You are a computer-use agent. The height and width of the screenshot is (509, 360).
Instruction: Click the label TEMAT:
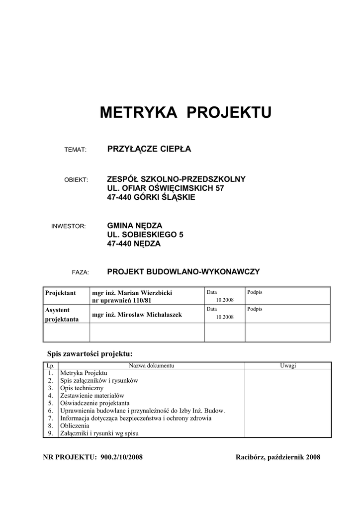click(76, 150)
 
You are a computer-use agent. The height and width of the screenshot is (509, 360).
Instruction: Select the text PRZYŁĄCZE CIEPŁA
click(149, 149)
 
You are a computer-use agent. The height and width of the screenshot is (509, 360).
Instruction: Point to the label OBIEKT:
click(76, 179)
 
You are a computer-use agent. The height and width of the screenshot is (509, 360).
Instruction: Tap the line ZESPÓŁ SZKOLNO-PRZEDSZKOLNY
click(176, 179)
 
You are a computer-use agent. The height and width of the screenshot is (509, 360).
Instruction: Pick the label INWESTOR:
click(69, 226)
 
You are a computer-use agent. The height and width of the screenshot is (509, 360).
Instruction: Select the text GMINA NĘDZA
click(135, 226)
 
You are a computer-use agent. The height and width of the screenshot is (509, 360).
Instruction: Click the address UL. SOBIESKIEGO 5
click(145, 235)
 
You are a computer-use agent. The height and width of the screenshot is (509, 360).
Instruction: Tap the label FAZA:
click(80, 272)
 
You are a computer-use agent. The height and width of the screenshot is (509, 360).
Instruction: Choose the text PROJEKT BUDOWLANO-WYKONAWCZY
click(183, 272)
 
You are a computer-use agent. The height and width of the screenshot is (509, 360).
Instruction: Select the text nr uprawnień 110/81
click(121, 301)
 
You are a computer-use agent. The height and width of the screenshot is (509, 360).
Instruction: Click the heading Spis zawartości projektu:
click(90, 354)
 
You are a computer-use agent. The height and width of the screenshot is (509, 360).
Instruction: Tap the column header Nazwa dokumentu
click(151, 366)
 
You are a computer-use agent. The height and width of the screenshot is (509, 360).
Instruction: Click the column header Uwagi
click(287, 366)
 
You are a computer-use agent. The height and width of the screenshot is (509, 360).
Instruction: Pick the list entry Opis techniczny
click(82, 387)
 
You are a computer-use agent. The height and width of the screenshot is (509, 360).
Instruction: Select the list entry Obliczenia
click(75, 425)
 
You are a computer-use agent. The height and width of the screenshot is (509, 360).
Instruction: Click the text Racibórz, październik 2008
click(277, 457)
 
